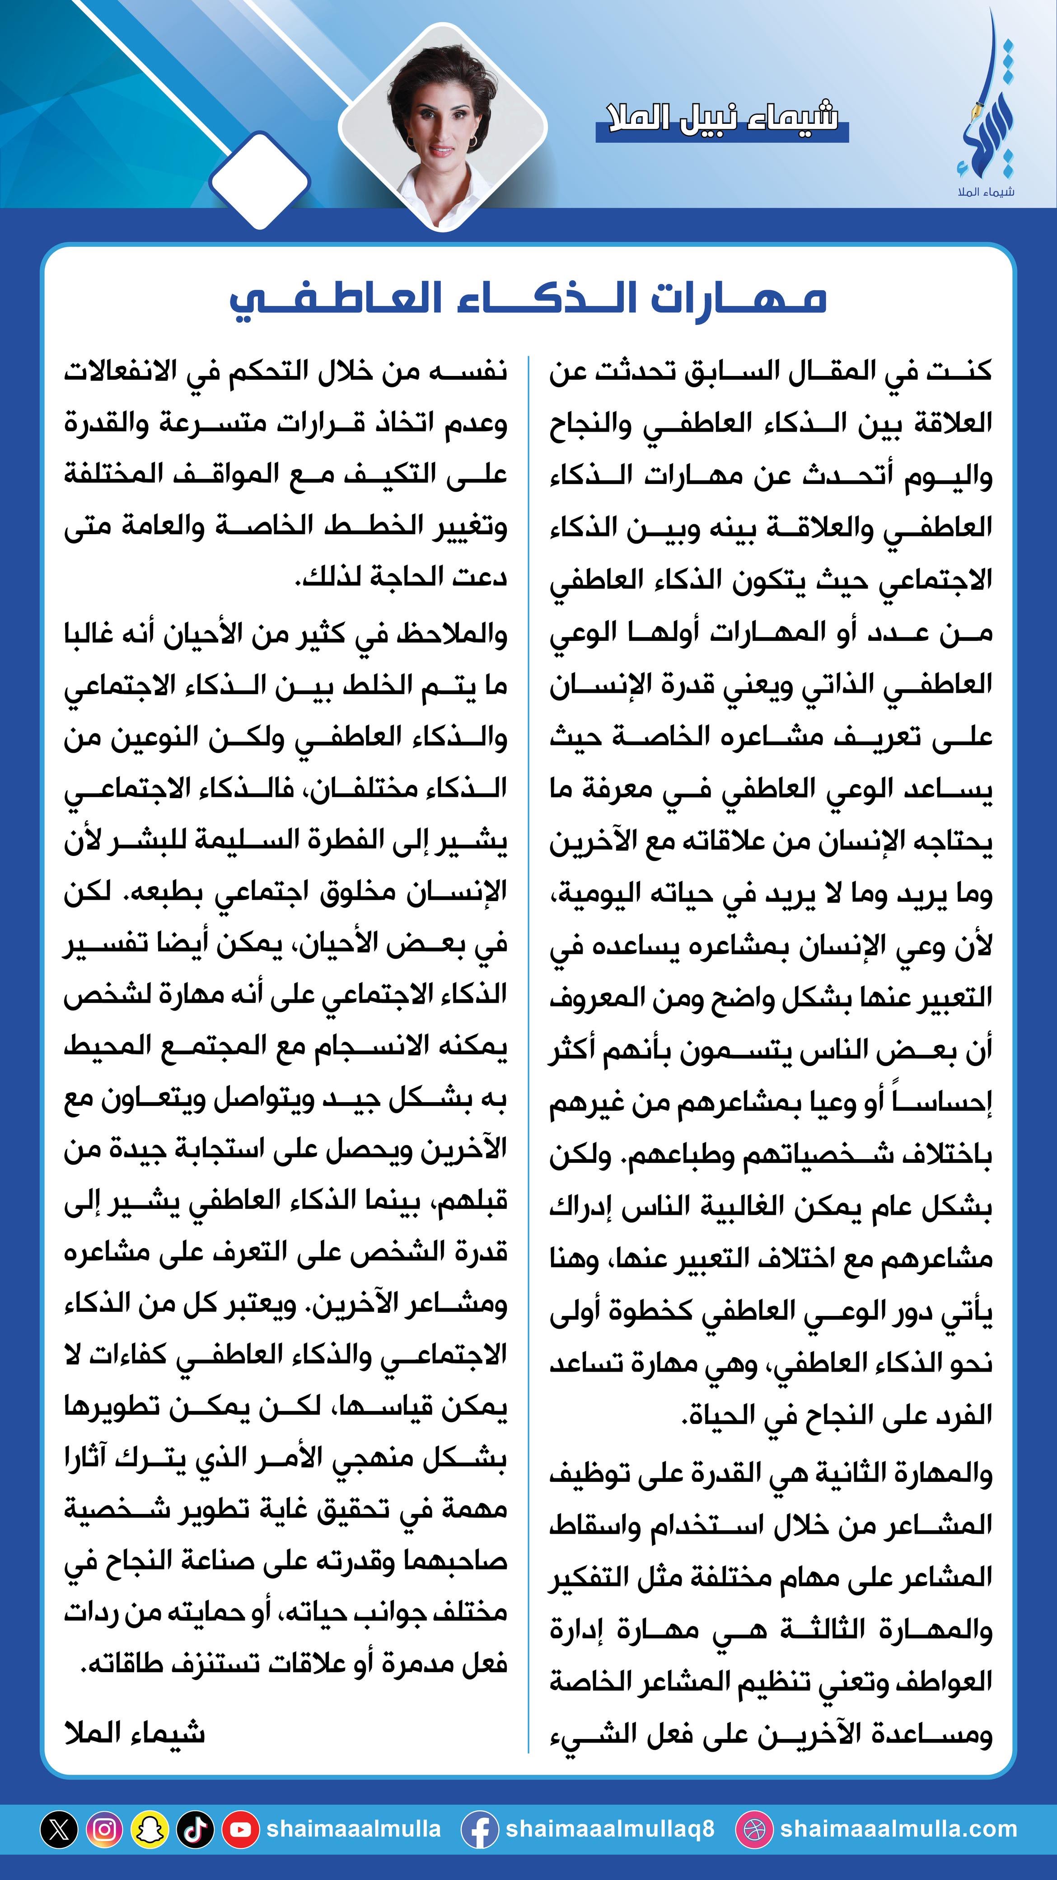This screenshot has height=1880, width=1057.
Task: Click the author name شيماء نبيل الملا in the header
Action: [x=722, y=119]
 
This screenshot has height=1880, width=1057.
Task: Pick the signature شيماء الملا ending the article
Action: [x=135, y=1733]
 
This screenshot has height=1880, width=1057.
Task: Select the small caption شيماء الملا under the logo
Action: [x=986, y=192]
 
